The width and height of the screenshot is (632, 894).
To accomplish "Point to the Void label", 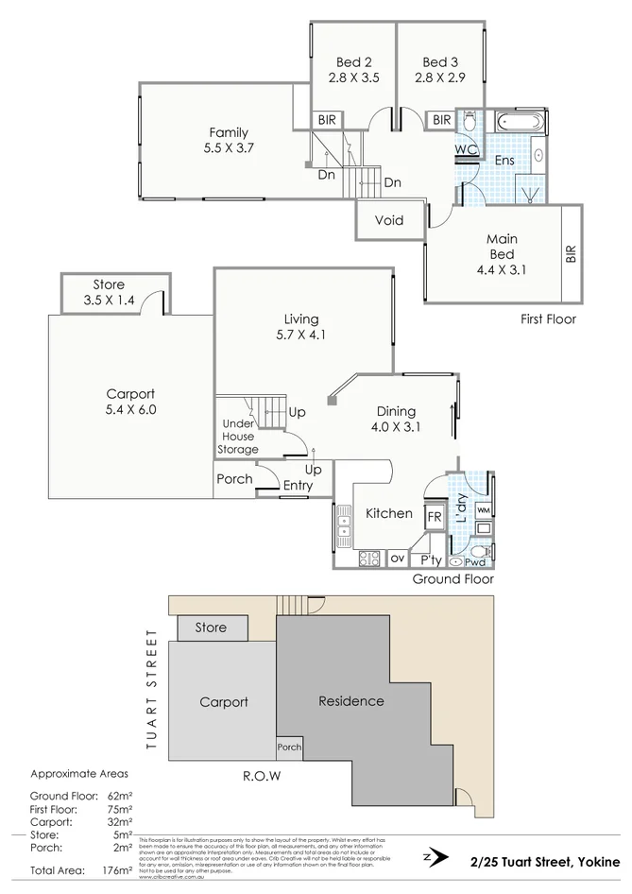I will [x=389, y=221].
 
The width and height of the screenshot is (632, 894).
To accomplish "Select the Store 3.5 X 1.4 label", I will [x=109, y=292].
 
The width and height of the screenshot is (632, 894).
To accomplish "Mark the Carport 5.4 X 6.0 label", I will [x=130, y=402].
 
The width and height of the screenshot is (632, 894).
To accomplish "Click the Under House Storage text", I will [x=239, y=437].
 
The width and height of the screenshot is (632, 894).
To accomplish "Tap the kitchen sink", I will [x=343, y=524].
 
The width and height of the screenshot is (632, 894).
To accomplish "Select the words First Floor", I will [x=547, y=319].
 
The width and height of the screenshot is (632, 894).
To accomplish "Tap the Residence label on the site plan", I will [x=351, y=701].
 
